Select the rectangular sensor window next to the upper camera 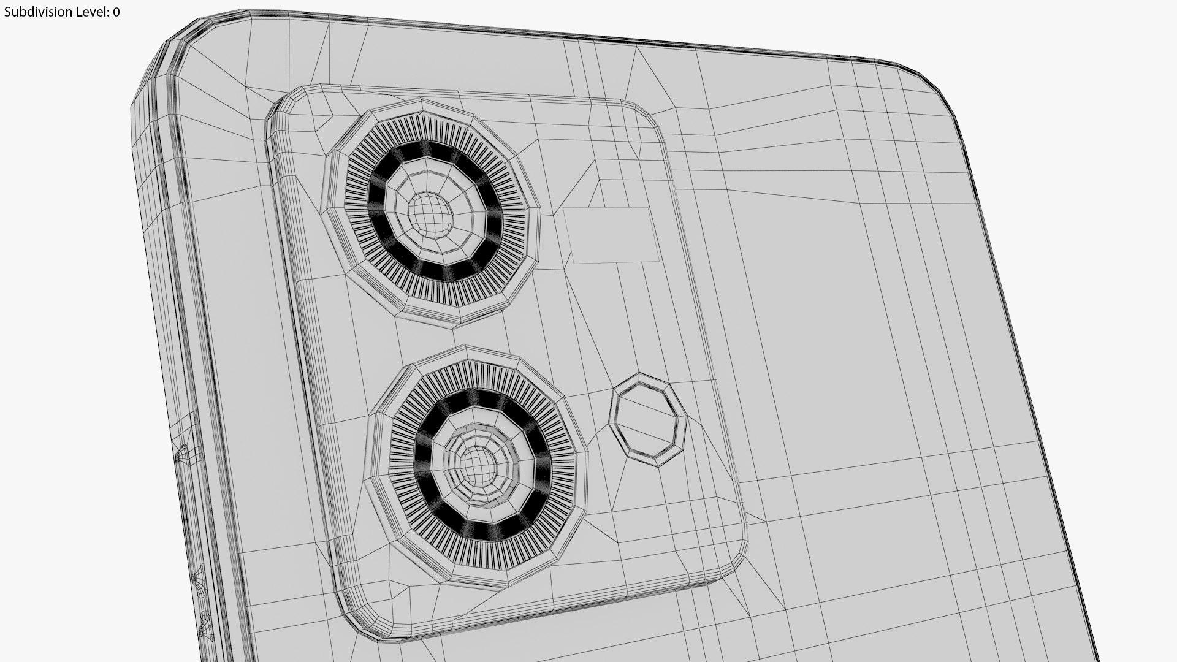pyautogui.click(x=611, y=235)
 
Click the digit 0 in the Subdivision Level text pyautogui.click(x=116, y=12)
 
